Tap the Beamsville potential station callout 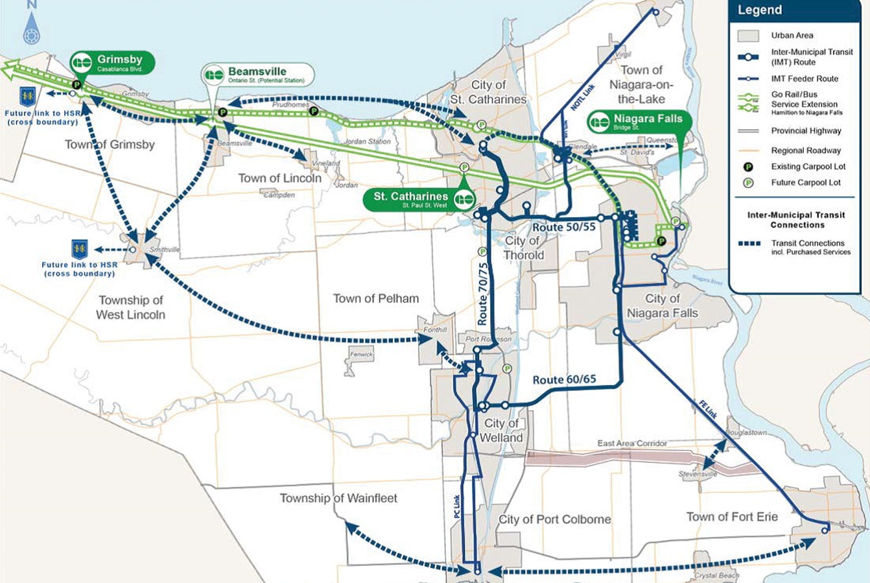tap(257, 75)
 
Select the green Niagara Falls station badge tap(639, 122)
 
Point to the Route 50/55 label tap(563, 228)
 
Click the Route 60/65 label tap(564, 379)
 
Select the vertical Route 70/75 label tap(482, 294)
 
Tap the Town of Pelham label tap(375, 298)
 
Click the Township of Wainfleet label tap(338, 498)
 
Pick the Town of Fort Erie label tap(732, 517)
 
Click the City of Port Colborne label tap(554, 519)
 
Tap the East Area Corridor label tap(632, 443)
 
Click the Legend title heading tap(760, 10)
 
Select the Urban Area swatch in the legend tap(748, 36)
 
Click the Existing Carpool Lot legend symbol tap(748, 167)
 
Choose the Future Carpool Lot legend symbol tap(748, 183)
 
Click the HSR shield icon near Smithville tap(79, 249)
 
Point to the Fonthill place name tap(435, 329)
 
